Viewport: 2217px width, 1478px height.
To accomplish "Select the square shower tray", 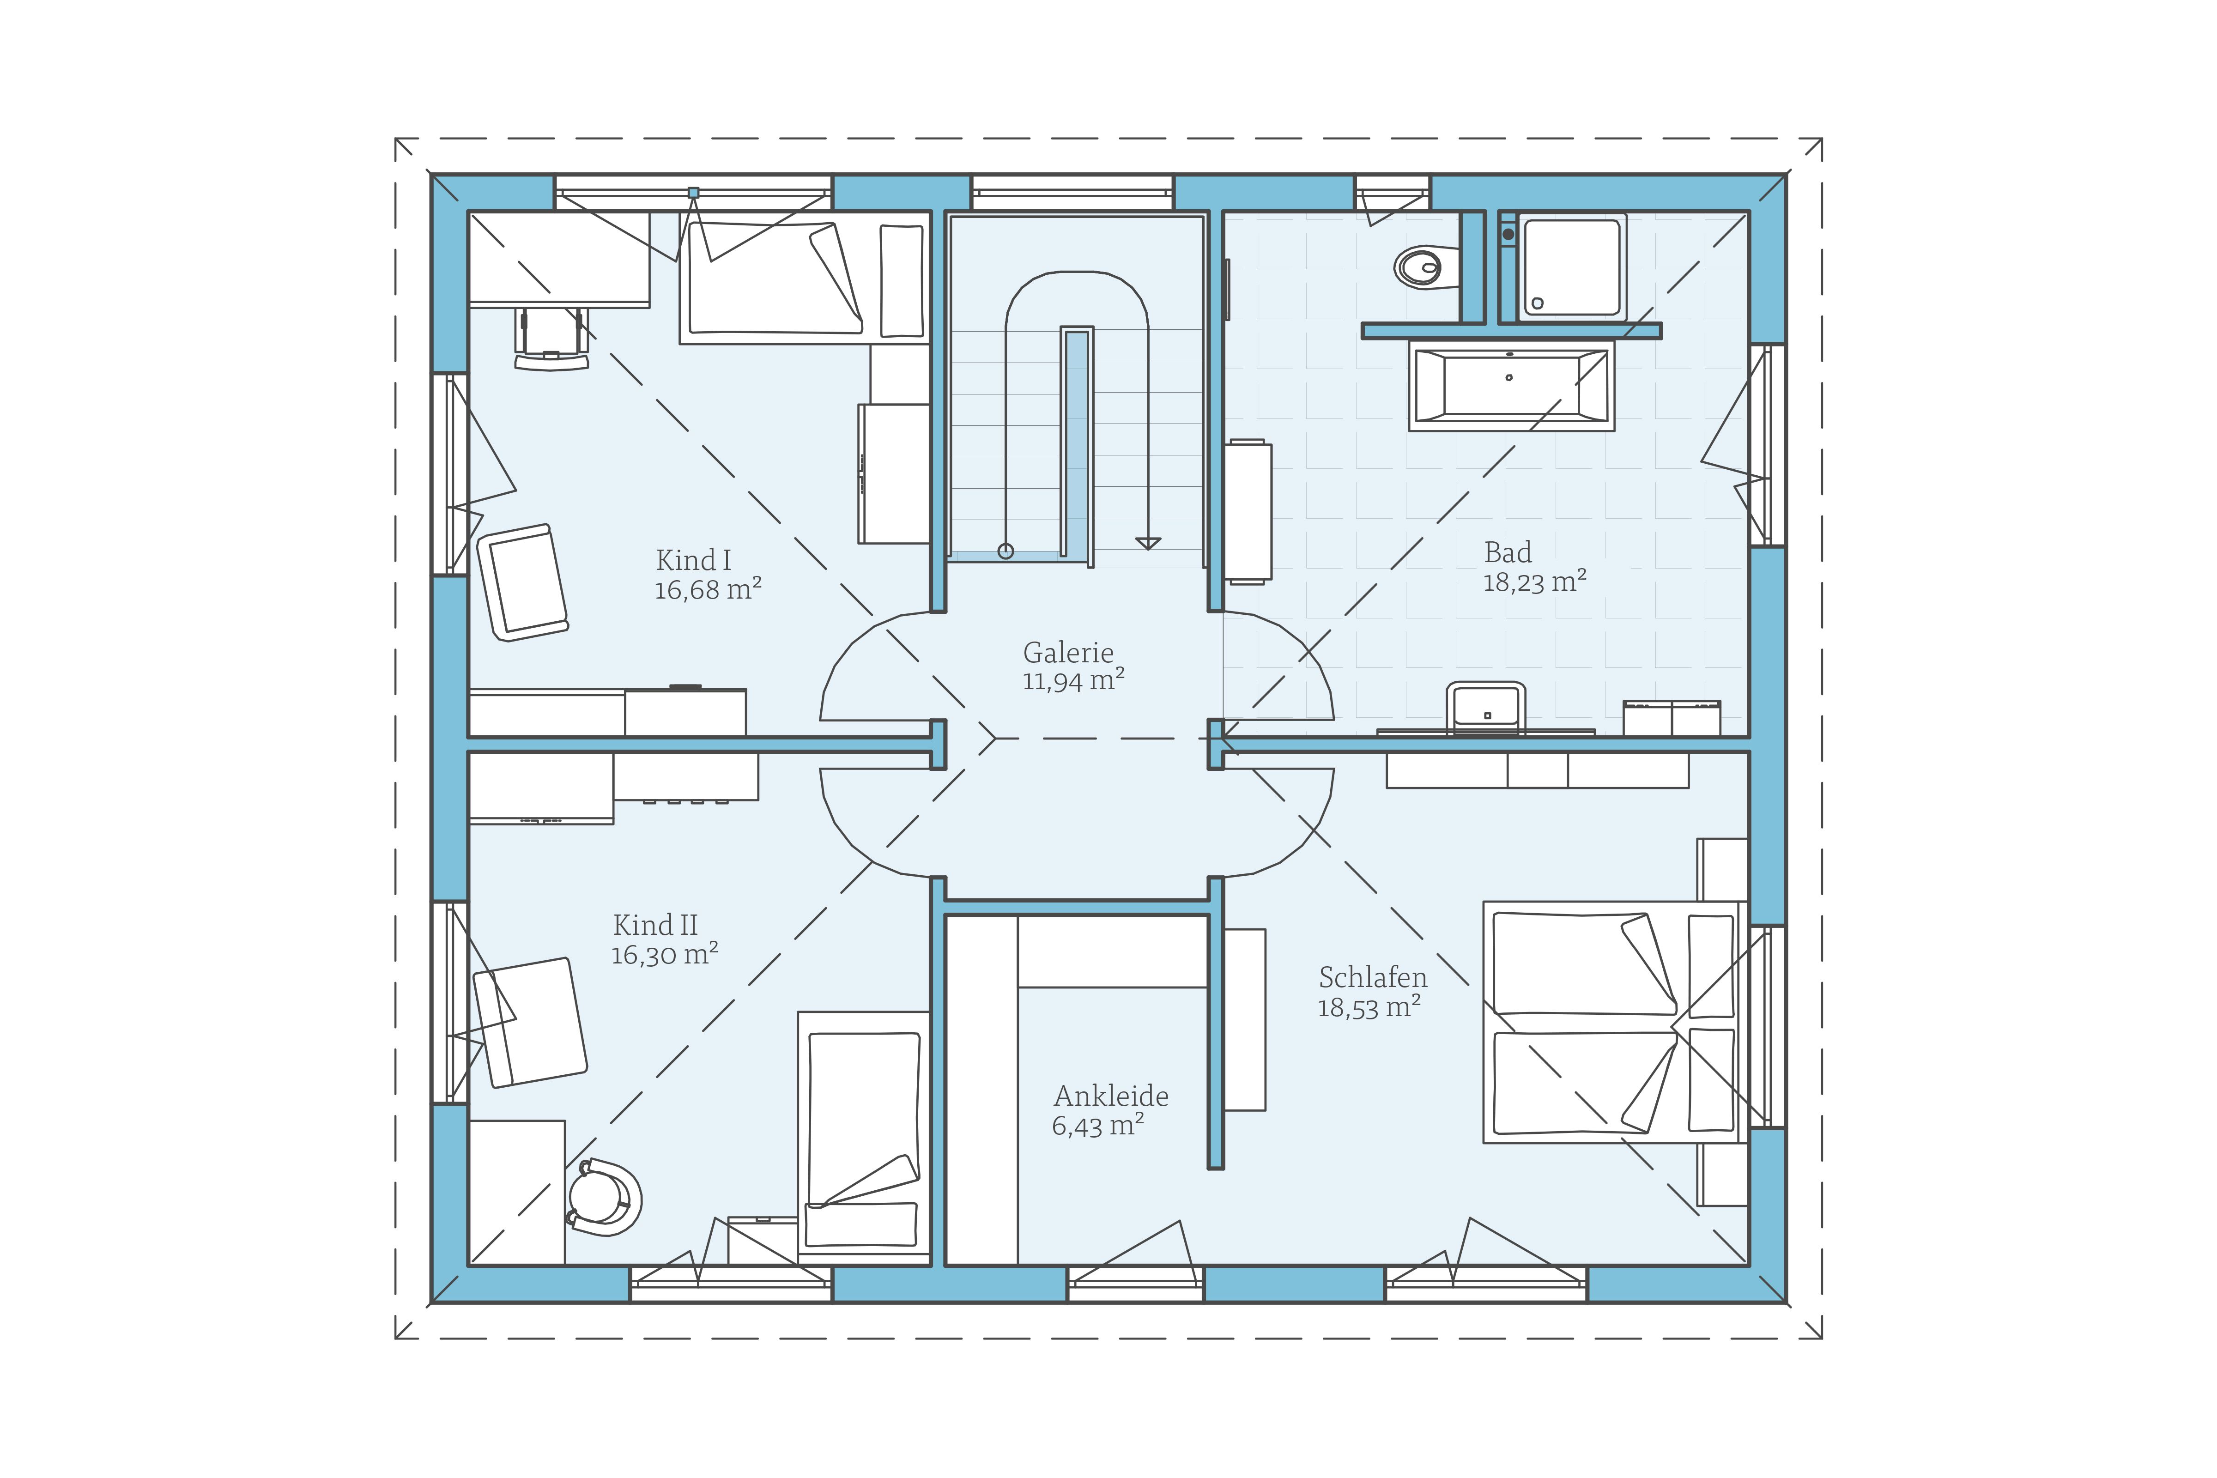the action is [1572, 268].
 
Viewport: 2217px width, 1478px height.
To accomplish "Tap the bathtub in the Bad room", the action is [1511, 386].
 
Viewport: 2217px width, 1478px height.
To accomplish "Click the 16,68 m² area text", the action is [708, 590].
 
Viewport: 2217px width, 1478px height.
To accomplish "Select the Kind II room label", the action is [655, 925].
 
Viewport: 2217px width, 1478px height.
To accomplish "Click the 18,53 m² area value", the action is [1369, 1008].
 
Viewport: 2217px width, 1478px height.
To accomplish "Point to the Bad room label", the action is [1507, 552].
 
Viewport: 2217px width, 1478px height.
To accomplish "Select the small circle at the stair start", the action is [1006, 551].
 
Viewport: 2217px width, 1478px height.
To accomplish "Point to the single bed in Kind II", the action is [863, 1134].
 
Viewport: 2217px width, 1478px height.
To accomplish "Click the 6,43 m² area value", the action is [1098, 1126].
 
